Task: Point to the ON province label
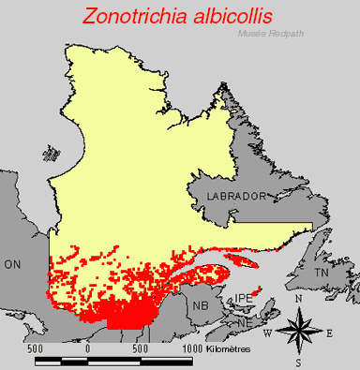(x=13, y=265)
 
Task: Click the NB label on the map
(x=201, y=306)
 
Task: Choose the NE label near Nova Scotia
(x=243, y=322)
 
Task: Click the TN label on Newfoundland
(x=322, y=273)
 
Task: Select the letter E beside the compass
(x=329, y=332)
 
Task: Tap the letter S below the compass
(x=298, y=362)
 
